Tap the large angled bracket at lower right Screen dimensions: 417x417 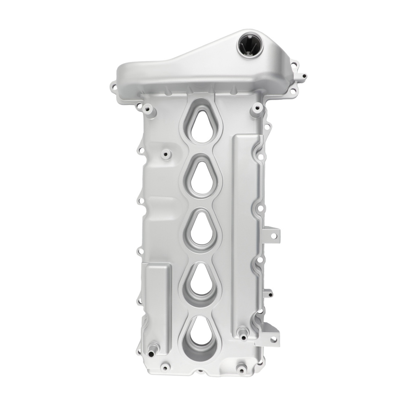pyautogui.click(x=269, y=334)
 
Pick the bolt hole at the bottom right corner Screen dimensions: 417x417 pyautogui.click(x=241, y=369)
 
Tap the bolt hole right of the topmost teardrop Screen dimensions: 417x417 pyautogui.click(x=254, y=111)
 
